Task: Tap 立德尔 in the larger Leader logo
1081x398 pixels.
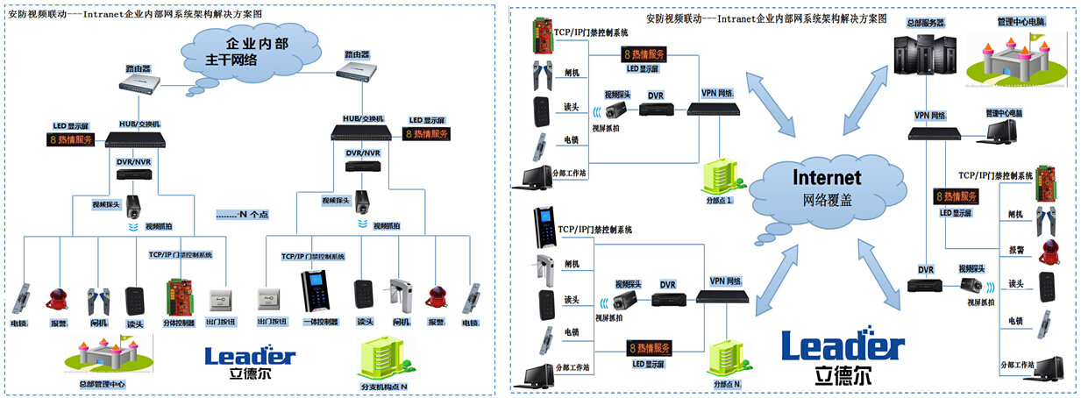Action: (843, 377)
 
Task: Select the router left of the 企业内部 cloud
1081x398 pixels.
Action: (140, 81)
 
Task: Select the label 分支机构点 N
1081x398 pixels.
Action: (385, 386)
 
